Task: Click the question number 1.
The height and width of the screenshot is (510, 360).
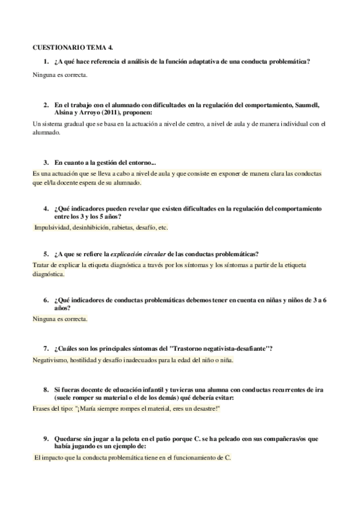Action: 46,61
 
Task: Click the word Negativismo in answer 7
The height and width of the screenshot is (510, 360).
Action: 52,360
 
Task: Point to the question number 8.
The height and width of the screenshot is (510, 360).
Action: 46,390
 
